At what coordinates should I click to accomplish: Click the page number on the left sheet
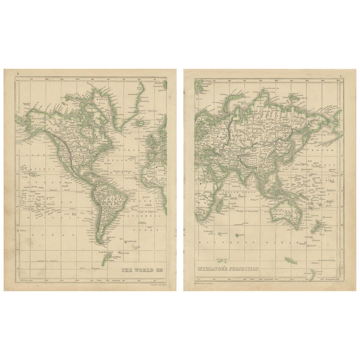(18, 74)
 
